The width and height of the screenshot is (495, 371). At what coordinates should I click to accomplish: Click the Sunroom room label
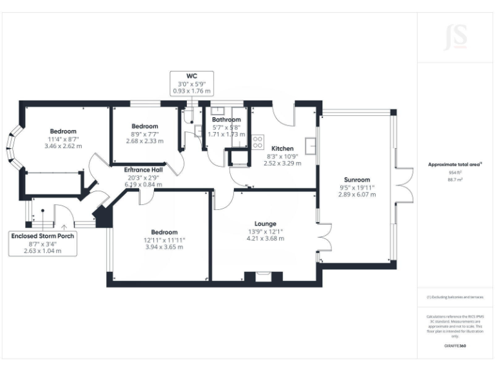click(x=356, y=180)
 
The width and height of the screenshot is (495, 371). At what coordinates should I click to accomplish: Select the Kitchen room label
click(x=283, y=147)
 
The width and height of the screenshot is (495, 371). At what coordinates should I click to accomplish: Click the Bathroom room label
click(x=226, y=120)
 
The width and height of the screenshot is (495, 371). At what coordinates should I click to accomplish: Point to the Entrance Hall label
click(x=144, y=169)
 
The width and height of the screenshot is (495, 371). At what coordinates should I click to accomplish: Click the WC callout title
click(x=191, y=75)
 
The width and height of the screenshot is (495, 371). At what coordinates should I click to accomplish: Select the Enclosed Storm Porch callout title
click(x=43, y=236)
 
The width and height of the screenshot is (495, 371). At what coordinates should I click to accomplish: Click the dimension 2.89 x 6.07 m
click(x=356, y=194)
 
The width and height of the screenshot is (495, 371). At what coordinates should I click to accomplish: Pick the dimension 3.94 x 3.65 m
click(x=164, y=247)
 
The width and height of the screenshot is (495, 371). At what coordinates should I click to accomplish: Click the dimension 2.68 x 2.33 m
click(x=144, y=141)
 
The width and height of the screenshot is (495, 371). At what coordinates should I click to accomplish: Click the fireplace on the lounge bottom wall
click(x=264, y=278)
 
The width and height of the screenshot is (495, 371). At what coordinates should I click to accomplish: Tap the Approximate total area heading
click(x=455, y=164)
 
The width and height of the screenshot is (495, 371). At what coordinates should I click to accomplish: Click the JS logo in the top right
click(x=455, y=38)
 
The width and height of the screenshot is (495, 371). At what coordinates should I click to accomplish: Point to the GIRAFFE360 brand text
click(x=455, y=346)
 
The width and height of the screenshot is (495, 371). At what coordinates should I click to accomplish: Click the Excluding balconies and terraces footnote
click(x=455, y=297)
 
